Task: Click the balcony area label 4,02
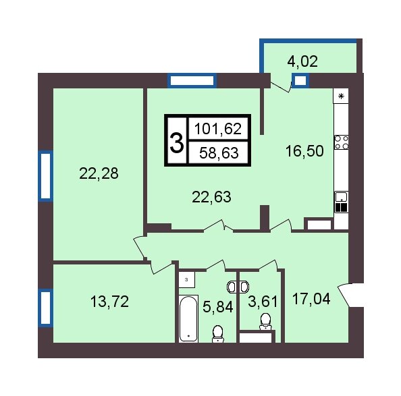pyautogui.click(x=302, y=62)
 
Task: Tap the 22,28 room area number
pyautogui.click(x=99, y=173)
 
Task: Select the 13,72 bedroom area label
pyautogui.click(x=109, y=302)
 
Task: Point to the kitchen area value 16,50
pyautogui.click(x=304, y=151)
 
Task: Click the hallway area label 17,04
pyautogui.click(x=311, y=299)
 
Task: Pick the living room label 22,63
pyautogui.click(x=211, y=197)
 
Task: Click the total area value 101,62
pyautogui.click(x=218, y=129)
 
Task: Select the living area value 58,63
pyautogui.click(x=219, y=153)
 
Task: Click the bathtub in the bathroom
pyautogui.click(x=188, y=319)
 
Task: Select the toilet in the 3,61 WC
pyautogui.click(x=265, y=322)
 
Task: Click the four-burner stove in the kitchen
pyautogui.click(x=342, y=142)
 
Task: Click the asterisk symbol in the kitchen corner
pyautogui.click(x=341, y=96)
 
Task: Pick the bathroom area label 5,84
pyautogui.click(x=218, y=306)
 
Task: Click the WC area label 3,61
pyautogui.click(x=263, y=302)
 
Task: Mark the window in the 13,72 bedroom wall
pyautogui.click(x=45, y=308)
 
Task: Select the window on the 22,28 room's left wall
pyautogui.click(x=45, y=176)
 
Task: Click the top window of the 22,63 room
pyautogui.click(x=192, y=80)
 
